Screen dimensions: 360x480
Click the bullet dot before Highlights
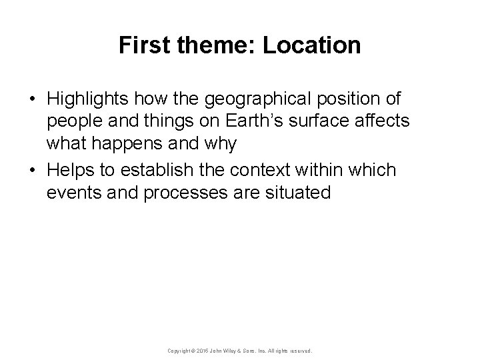click(x=32, y=99)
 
